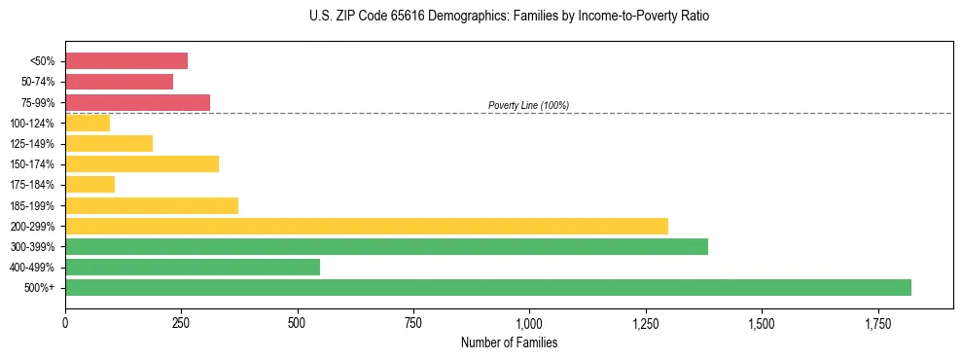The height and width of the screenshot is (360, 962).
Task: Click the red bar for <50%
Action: pos(126,61)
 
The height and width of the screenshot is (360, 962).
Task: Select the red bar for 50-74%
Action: pos(119,82)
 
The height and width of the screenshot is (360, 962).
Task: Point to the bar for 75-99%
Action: pos(137,102)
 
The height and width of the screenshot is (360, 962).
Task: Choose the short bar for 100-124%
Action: pos(88,123)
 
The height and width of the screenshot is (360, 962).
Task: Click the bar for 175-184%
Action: pos(89,184)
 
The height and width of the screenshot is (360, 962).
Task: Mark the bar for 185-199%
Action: pos(152,205)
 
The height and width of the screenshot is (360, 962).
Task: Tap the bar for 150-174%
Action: pos(142,163)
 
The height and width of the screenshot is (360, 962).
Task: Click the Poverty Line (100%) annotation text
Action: pos(528,105)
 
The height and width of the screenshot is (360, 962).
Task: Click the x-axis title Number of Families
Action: pos(509,342)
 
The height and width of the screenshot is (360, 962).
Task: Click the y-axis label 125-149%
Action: pos(32,144)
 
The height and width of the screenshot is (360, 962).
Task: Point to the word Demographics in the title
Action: pos(450,17)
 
